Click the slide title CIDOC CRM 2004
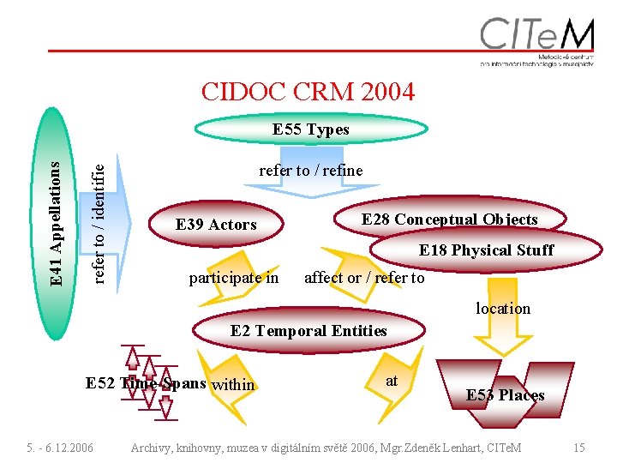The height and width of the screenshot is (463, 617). (x=308, y=91)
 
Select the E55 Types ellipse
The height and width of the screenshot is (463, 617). (x=310, y=129)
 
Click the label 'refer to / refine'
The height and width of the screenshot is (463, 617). (x=310, y=171)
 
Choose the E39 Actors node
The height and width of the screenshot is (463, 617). (x=216, y=225)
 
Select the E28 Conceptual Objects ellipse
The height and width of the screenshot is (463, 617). (x=449, y=219)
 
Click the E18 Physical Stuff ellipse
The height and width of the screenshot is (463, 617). (x=485, y=250)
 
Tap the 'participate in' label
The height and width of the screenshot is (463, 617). (x=233, y=278)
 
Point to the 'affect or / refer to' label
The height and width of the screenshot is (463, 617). (x=364, y=278)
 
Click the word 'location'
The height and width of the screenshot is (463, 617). (x=503, y=308)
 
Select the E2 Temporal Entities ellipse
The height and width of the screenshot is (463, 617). (x=308, y=331)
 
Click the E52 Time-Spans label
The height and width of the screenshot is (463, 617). (x=146, y=382)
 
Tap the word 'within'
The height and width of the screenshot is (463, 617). (x=233, y=385)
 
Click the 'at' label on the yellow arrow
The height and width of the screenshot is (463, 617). (x=392, y=380)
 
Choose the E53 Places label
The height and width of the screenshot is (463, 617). (x=505, y=395)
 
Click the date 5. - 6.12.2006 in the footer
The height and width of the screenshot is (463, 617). (x=59, y=448)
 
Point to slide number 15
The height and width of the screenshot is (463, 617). (x=579, y=448)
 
